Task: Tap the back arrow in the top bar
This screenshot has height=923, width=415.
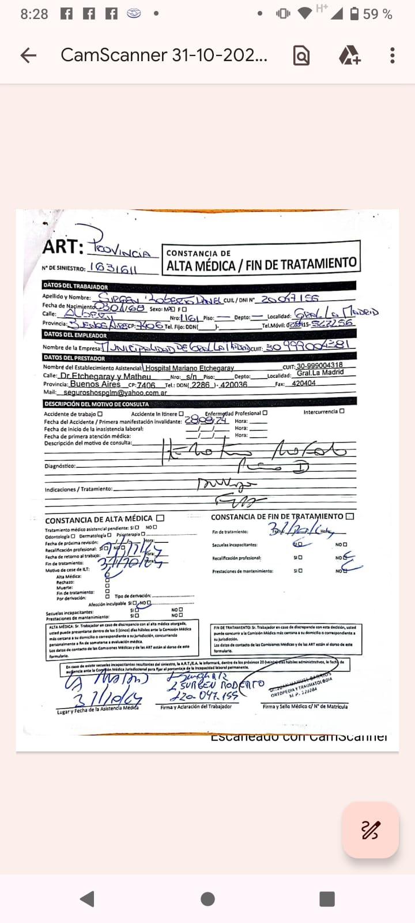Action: [x=28, y=55]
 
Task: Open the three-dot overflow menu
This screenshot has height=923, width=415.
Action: [x=393, y=55]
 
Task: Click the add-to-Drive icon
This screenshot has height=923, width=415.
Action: [x=349, y=55]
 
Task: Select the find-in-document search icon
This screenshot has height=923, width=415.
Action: [x=301, y=55]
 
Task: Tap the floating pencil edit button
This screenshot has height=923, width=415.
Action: [x=370, y=830]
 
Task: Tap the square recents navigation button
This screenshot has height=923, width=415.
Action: [x=327, y=899]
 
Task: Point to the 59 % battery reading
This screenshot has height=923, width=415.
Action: [x=378, y=14]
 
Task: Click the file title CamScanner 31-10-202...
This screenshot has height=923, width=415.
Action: [x=164, y=55]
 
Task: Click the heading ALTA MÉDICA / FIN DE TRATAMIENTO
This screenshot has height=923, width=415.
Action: [x=261, y=265]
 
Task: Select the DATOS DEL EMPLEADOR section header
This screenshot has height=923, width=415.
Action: [x=76, y=335]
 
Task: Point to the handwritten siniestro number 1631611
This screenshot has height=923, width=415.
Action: [x=113, y=268]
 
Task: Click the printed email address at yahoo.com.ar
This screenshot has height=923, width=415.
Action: [x=115, y=392]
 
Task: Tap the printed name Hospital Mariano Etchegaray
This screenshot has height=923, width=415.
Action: [x=190, y=367]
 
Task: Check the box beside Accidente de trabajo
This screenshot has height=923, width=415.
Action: [x=100, y=414]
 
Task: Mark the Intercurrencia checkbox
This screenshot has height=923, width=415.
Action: [x=342, y=411]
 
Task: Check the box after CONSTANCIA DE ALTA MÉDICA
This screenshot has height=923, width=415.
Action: [x=160, y=518]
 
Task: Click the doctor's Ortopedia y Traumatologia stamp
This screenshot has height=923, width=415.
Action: [x=301, y=686]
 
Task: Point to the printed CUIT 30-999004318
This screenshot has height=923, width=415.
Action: [x=320, y=365]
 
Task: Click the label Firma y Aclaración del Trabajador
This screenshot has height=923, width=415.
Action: [x=196, y=707]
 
